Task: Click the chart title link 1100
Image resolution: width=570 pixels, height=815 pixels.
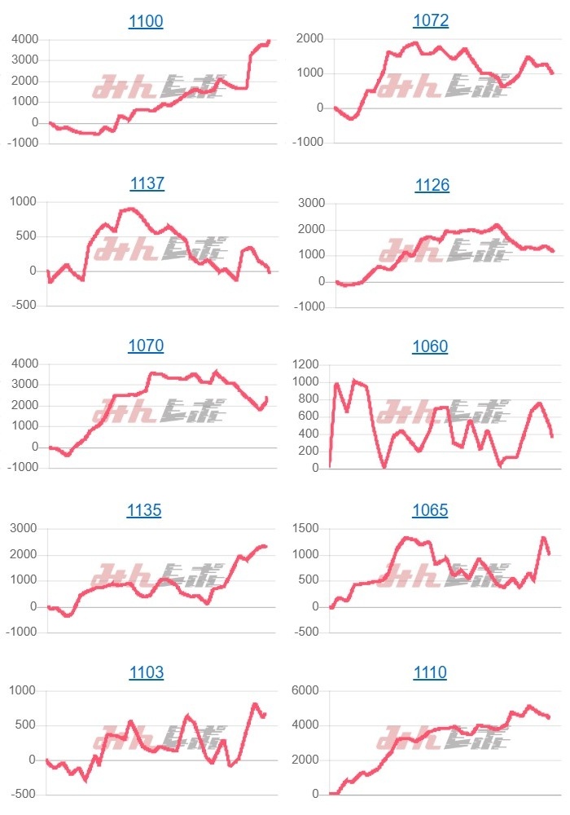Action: point(146,22)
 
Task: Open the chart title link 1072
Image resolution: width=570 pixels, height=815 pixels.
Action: point(431,20)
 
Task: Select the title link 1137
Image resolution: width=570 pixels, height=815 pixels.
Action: point(147,183)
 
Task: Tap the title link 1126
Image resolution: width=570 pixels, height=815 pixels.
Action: point(432,185)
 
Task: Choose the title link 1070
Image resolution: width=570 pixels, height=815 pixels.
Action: point(146,346)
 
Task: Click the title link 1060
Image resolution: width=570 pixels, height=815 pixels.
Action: point(430,346)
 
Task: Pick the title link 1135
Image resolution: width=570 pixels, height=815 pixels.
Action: point(144,510)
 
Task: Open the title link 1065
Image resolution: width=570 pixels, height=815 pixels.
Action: point(430,510)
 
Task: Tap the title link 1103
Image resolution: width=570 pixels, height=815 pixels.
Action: point(146,672)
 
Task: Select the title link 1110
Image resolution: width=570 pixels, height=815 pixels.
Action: point(430,672)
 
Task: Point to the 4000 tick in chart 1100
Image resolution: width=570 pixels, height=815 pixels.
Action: point(24,39)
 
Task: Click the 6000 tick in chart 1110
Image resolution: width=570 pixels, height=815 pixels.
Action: point(305,691)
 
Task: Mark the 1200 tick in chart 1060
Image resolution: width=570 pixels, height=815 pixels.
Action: point(305,363)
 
